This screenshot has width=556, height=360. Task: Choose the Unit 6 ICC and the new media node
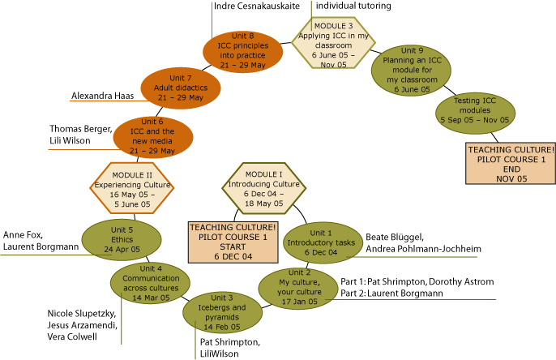click(x=153, y=135)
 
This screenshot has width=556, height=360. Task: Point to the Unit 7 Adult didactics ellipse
click(x=181, y=88)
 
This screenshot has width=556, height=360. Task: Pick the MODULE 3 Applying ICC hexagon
click(x=334, y=38)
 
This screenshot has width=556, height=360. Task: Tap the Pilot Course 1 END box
click(x=511, y=167)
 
